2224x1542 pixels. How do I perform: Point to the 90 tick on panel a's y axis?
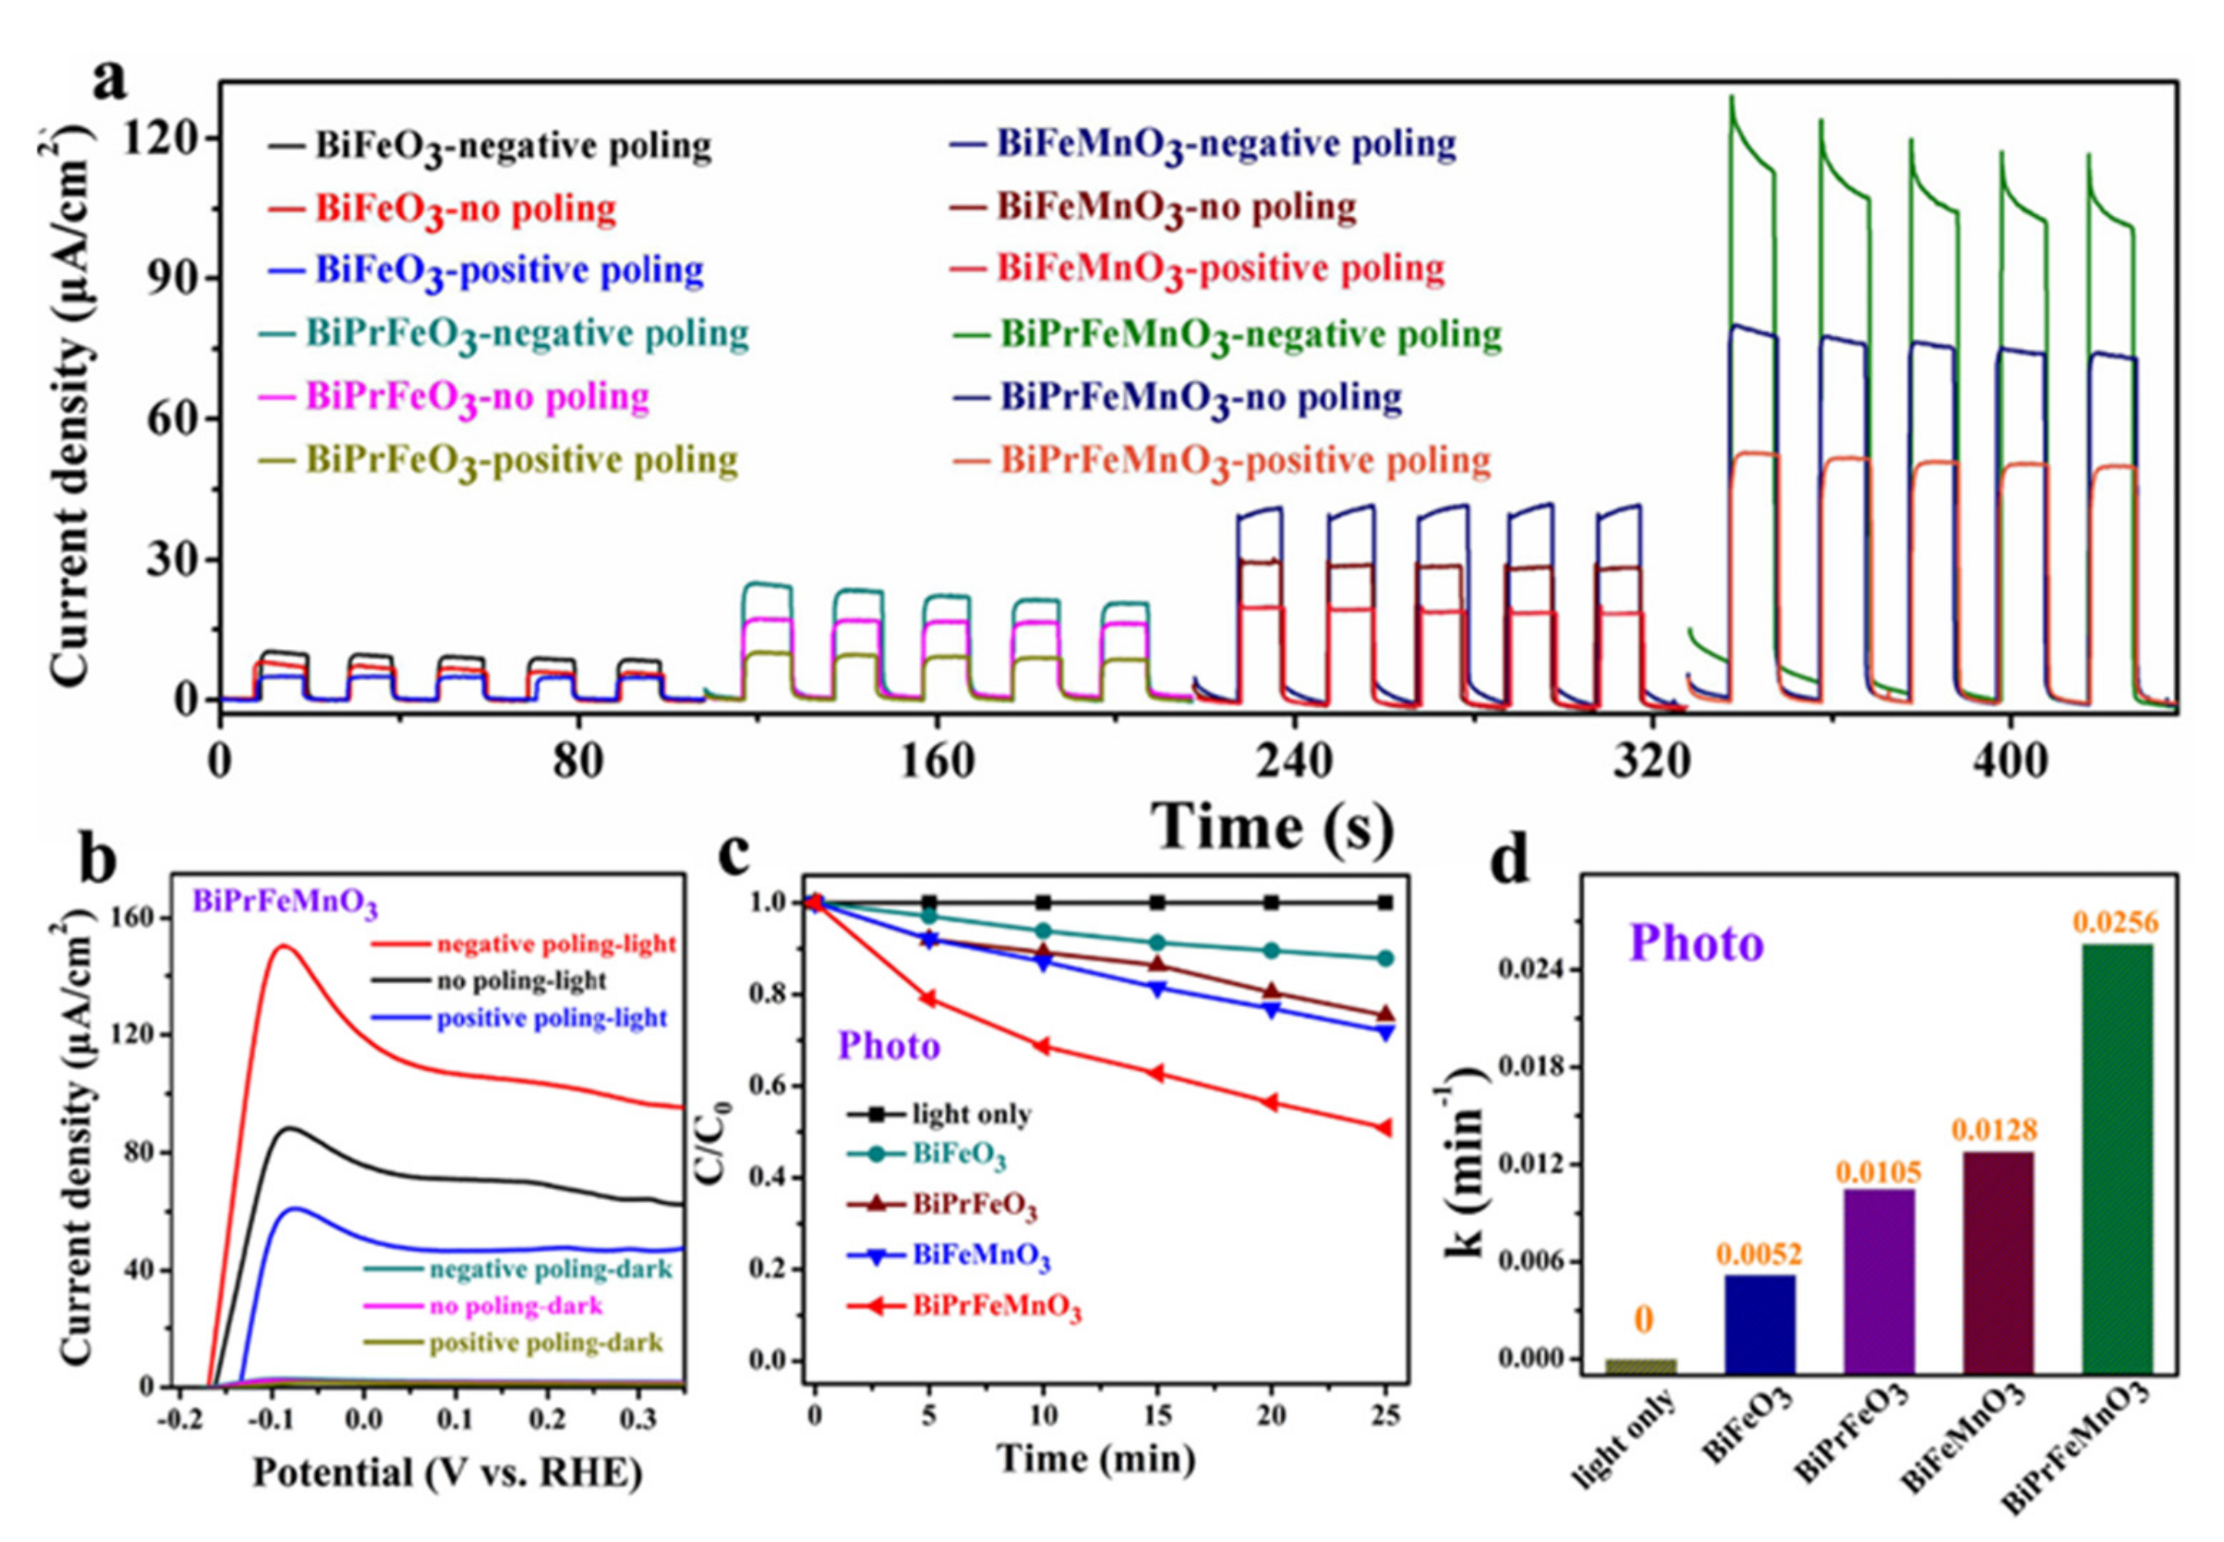171,278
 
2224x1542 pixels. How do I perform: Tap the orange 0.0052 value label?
1760,1254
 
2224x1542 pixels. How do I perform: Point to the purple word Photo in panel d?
1697,943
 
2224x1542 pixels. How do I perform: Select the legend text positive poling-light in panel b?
552,1018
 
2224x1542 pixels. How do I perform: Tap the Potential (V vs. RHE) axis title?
448,1472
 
